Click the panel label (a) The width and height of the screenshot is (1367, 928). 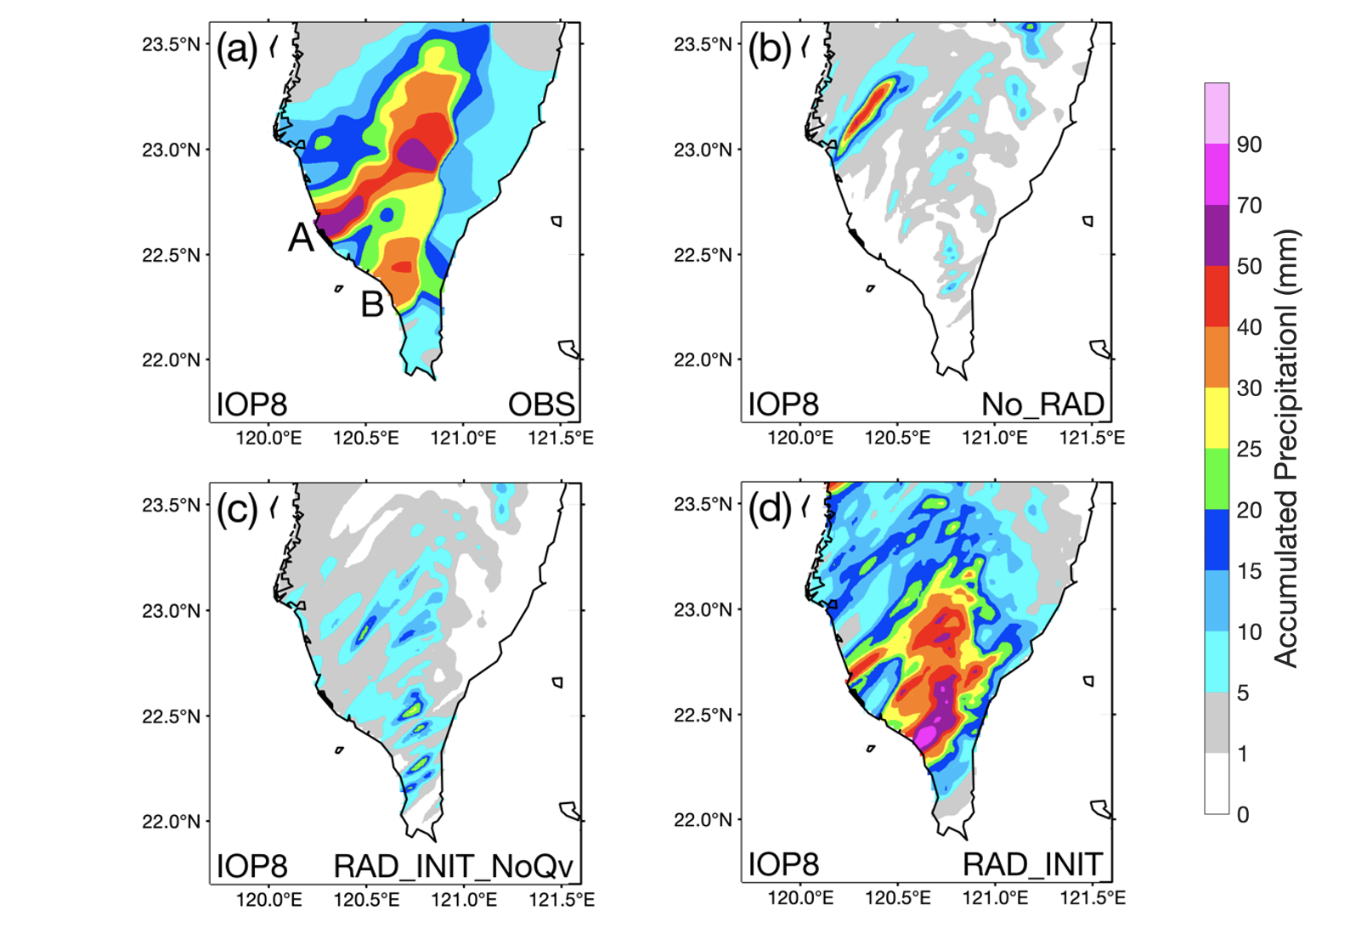click(237, 49)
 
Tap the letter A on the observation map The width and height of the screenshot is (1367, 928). click(301, 238)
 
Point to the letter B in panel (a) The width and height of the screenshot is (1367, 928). click(372, 304)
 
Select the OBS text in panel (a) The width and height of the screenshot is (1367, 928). click(541, 405)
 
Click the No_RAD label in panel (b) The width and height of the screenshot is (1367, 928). click(1042, 405)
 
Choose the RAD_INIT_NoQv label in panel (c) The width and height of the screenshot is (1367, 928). click(453, 867)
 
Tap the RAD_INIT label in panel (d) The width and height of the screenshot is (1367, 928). click(1032, 865)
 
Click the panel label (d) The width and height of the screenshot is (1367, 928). click(769, 510)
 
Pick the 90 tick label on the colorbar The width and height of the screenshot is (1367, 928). click(1249, 144)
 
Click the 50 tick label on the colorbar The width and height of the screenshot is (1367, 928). click(1249, 266)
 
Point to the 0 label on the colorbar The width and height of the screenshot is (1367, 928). click(1243, 815)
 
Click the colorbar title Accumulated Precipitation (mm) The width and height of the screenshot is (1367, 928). click(1286, 449)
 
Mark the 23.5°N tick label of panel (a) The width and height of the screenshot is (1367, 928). click(172, 44)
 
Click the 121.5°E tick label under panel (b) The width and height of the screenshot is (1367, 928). click(1092, 439)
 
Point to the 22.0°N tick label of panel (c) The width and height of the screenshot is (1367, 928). click(172, 822)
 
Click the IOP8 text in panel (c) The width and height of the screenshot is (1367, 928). click(251, 867)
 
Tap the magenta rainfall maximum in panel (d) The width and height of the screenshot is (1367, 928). click(926, 733)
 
